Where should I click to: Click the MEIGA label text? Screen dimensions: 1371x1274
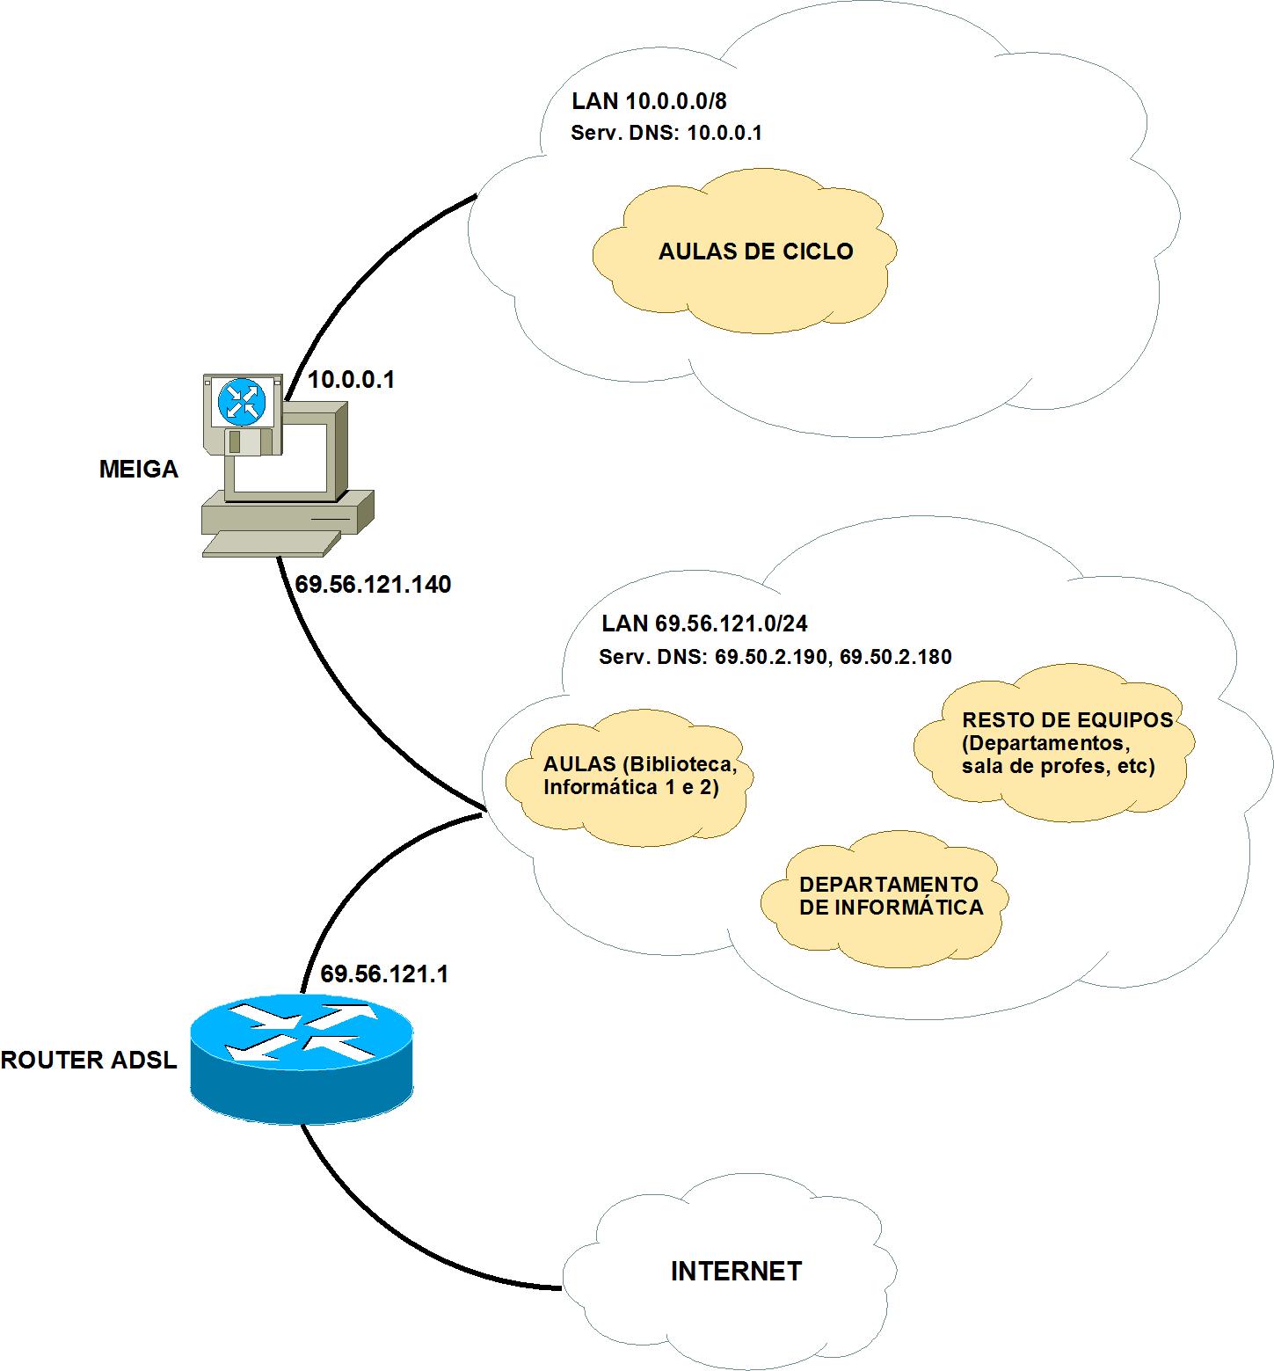coord(138,470)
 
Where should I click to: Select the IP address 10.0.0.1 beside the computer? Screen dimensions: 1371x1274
coord(351,380)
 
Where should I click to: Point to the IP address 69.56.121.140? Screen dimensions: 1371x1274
coord(373,585)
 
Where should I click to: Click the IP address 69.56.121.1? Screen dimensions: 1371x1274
coord(384,974)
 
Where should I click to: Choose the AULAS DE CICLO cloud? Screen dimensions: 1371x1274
coord(755,252)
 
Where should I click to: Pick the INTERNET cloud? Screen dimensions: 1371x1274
coord(736,1272)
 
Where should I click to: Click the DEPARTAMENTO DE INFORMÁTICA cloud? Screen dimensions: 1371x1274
coord(890,897)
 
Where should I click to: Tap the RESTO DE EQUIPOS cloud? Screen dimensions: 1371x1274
coord(1067,744)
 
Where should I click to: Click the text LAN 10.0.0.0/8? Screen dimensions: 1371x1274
coord(649,101)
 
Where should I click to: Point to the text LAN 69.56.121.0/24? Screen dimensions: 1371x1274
coord(704,624)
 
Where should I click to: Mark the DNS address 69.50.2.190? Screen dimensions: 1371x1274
coord(771,657)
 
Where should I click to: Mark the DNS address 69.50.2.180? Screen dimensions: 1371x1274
coord(896,657)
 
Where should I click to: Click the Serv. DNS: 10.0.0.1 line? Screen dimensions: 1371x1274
coord(666,134)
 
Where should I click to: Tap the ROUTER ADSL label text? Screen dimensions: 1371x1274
coord(89,1061)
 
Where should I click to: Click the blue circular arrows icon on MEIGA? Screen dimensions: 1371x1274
coord(242,402)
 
